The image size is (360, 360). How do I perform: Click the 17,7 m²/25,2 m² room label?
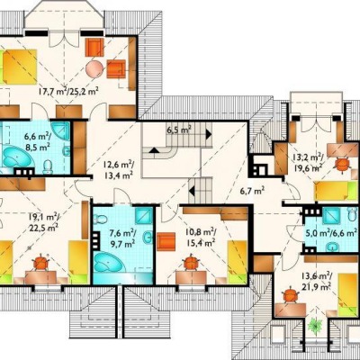[x=69, y=91]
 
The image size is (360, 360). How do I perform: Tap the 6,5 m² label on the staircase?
[x=179, y=130]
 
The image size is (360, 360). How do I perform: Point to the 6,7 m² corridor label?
[x=252, y=190]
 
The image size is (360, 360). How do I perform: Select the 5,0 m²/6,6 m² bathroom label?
[x=331, y=232]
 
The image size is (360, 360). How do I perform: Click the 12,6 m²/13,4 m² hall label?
[x=119, y=170]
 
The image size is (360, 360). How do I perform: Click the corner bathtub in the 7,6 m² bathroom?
[x=110, y=262]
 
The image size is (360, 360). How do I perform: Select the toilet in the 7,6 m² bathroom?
[x=101, y=220]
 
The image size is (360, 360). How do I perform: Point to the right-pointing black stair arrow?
[x=209, y=134]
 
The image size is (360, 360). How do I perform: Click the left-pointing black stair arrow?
[x=192, y=190]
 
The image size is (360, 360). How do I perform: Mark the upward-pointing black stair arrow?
[x=155, y=150]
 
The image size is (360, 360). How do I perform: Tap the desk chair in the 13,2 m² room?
[x=342, y=165]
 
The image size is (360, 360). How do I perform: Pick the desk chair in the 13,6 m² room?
[x=290, y=295]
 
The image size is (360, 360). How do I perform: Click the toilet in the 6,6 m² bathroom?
[x=48, y=166]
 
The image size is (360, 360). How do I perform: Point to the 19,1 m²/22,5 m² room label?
[x=44, y=222]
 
